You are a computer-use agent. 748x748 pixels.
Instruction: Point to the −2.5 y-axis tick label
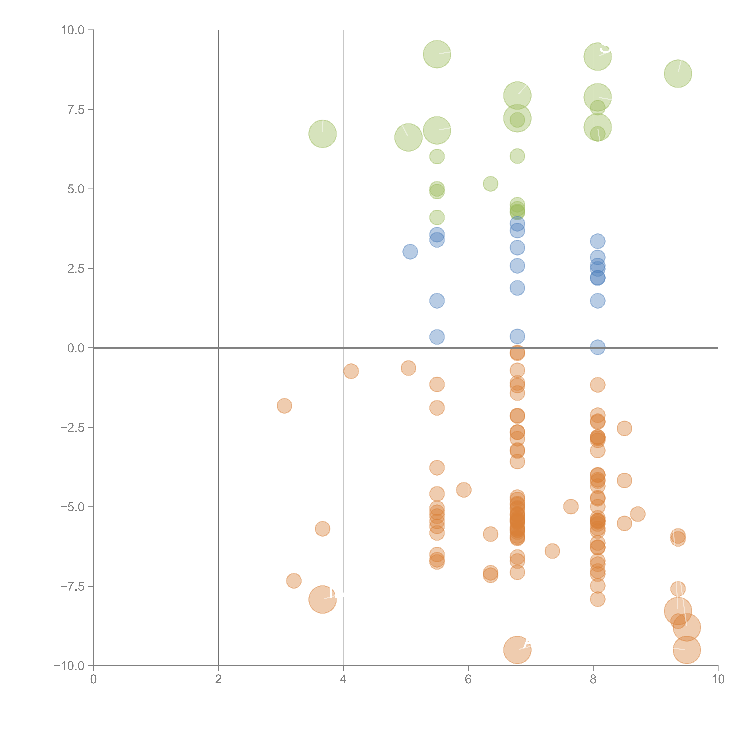[x=72, y=427]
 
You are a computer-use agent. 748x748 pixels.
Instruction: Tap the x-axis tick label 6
[x=468, y=679]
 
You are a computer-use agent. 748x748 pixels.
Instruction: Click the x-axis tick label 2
[x=218, y=679]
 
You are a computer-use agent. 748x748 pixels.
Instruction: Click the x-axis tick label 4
[x=343, y=679]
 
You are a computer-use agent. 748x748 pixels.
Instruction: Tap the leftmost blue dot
[x=410, y=252]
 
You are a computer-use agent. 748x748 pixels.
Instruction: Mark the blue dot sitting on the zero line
[x=597, y=347]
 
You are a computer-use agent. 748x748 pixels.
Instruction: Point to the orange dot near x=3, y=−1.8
[x=284, y=406]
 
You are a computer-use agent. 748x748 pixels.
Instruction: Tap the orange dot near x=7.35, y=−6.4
[x=552, y=551]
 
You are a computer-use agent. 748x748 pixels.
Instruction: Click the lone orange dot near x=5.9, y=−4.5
[x=464, y=490]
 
